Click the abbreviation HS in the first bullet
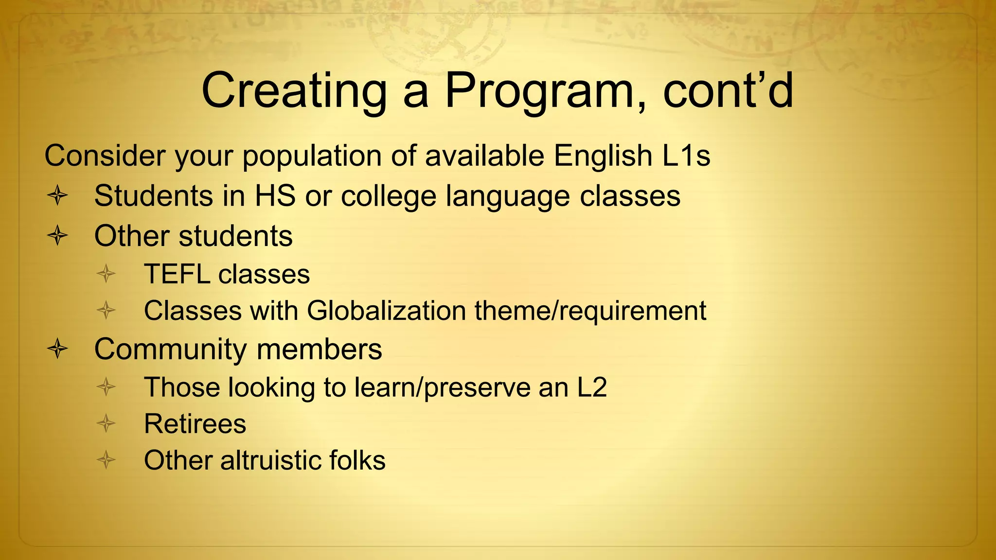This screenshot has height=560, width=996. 275,196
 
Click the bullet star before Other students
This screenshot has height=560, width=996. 57,236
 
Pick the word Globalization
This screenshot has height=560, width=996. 386,311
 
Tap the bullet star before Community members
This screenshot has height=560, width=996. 57,349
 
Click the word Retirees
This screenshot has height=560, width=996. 195,424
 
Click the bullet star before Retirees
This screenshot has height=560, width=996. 106,423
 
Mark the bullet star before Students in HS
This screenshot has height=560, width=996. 57,196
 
